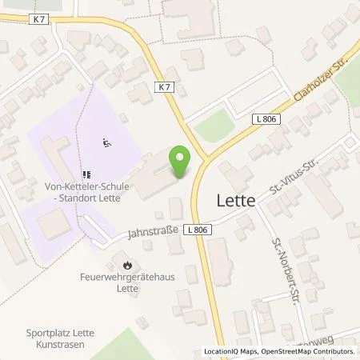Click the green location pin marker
(x=181, y=162)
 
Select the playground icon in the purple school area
(x=106, y=143)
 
